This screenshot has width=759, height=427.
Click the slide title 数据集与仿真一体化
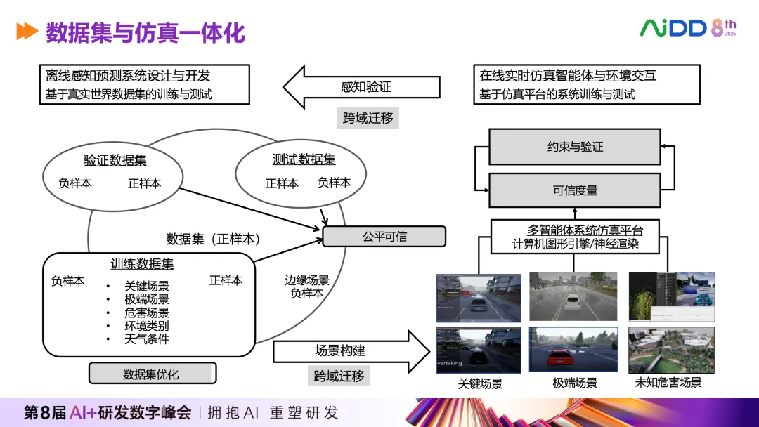[x=145, y=32]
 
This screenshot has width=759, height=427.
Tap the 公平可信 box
[x=384, y=237]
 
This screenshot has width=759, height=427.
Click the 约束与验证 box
[x=574, y=147]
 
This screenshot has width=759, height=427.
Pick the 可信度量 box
[x=574, y=190]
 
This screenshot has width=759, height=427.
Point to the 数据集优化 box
[x=152, y=374]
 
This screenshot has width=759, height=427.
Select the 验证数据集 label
[x=115, y=160]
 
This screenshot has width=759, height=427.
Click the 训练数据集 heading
[x=142, y=264]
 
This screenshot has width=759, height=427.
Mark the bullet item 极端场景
[x=147, y=299]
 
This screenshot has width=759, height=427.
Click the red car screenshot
[x=573, y=350]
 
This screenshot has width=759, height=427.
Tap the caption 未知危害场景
[x=668, y=383]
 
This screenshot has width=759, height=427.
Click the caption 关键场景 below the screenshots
[x=480, y=384]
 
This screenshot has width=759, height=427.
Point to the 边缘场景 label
[x=307, y=280]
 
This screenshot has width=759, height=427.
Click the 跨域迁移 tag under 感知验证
[x=368, y=118]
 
